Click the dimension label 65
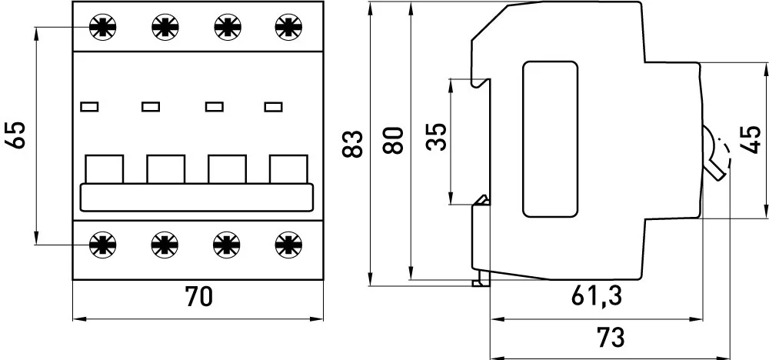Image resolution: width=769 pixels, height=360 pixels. click(15, 135)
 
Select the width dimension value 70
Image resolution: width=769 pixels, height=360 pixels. click(198, 297)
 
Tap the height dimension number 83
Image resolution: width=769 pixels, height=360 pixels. click(352, 144)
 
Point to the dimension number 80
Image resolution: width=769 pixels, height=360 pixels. click(393, 140)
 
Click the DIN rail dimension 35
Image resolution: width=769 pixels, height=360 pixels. click(436, 137)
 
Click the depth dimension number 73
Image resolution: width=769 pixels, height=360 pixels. click(611, 338)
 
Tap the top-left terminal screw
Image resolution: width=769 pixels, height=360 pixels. click(103, 26)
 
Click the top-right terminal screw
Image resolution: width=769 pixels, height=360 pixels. click(289, 26)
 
